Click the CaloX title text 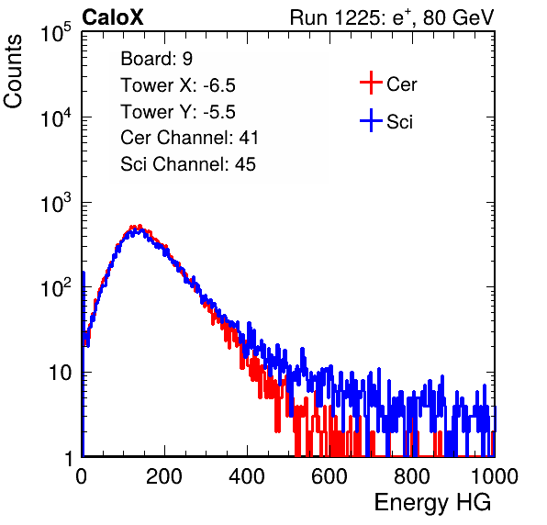[x=113, y=17]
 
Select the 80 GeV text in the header [x=458, y=17]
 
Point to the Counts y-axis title [x=13, y=72]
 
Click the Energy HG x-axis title [x=432, y=503]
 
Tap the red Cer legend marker [x=371, y=83]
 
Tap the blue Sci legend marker [x=371, y=121]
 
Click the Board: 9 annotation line [x=157, y=59]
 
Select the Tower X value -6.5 [x=219, y=85]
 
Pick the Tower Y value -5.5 [x=219, y=112]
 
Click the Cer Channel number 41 [x=249, y=138]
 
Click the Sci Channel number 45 [x=245, y=164]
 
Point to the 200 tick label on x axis [x=164, y=476]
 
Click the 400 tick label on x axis [x=247, y=476]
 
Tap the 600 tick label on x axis [x=329, y=476]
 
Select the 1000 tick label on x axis [x=495, y=476]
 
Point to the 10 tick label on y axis [x=60, y=373]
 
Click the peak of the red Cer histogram [x=140, y=226]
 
